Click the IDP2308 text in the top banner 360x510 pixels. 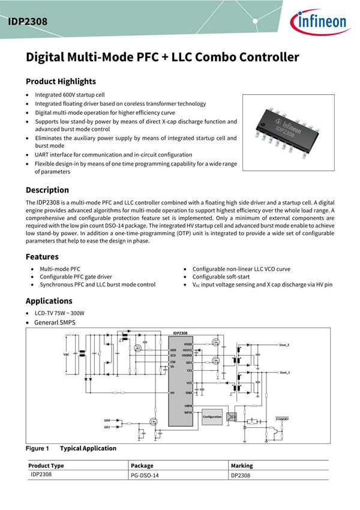coord(28,22)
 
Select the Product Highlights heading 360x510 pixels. coord(61,82)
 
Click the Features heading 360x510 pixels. coord(42,257)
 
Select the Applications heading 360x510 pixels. coord(49,301)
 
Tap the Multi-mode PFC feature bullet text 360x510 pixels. coord(60,269)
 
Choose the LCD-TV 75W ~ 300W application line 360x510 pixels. coord(59,313)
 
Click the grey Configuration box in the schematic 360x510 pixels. coord(212,416)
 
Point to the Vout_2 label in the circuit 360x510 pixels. coord(284,346)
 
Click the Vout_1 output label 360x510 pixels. coord(284,373)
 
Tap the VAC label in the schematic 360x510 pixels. coord(66,355)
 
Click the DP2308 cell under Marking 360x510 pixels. coord(241,476)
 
